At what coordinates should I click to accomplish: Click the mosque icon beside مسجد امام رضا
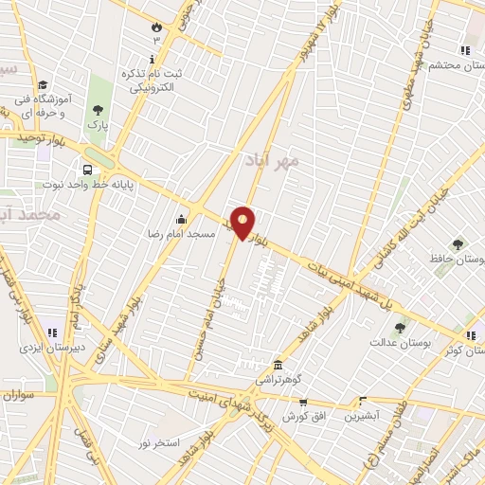point(180,220)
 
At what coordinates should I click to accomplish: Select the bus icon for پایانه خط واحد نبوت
point(87,171)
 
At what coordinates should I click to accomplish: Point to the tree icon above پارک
point(99,110)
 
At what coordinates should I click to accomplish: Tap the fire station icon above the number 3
point(156,27)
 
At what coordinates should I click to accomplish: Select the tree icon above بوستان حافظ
point(459,244)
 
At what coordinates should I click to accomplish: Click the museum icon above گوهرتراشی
point(278,365)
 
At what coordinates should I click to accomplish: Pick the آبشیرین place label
point(362,416)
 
